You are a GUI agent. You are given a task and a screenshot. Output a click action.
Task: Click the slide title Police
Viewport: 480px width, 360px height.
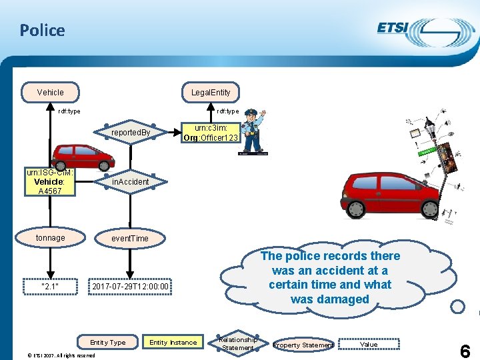42,30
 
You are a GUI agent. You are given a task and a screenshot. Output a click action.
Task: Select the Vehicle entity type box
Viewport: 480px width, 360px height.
51,92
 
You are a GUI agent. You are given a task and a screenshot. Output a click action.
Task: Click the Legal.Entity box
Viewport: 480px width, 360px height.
211,92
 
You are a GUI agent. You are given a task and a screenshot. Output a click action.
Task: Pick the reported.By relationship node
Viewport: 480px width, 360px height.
131,133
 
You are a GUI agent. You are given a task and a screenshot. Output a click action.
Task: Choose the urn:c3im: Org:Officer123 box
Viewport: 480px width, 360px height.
211,133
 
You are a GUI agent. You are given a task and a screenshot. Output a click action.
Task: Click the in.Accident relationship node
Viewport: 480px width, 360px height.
131,181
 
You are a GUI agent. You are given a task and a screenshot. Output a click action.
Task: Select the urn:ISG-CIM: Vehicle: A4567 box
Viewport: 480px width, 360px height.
50,181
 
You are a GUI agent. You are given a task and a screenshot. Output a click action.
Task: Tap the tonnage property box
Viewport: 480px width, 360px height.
51,238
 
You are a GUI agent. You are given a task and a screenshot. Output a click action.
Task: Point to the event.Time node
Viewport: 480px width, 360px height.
130,238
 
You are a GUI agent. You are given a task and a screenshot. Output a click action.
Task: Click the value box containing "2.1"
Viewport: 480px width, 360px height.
51,287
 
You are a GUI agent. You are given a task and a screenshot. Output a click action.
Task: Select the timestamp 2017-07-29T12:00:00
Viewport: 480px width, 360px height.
131,287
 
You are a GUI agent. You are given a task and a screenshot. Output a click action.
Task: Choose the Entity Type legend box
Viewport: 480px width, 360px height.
108,343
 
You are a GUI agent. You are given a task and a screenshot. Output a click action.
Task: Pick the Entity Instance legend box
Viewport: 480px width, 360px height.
173,343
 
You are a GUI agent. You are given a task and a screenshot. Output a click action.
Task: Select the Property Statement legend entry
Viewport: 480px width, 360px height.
304,345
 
